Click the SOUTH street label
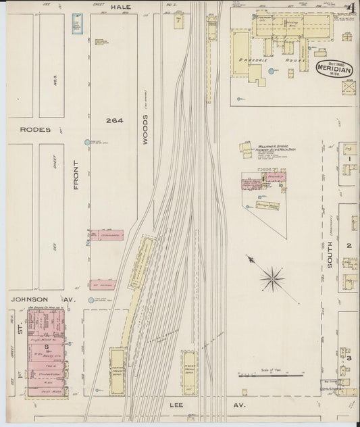coord(330,257)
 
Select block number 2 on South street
coord(349,246)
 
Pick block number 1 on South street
coord(350,159)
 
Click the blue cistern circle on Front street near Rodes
coord(86,143)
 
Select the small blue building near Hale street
coord(76,23)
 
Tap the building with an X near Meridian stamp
coord(349,88)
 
